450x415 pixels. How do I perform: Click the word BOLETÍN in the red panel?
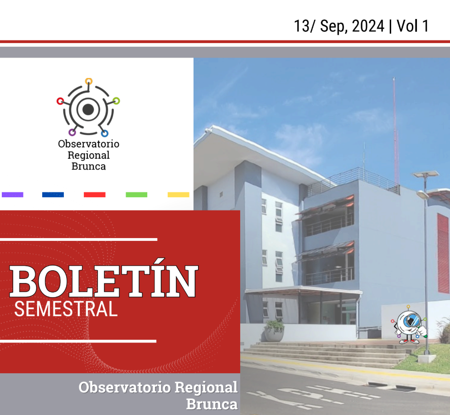tap(104, 281)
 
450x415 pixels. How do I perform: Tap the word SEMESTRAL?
tap(66, 309)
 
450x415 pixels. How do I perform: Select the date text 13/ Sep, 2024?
tap(339, 26)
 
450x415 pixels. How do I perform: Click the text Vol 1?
tap(412, 26)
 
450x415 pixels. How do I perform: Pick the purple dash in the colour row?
tap(13, 195)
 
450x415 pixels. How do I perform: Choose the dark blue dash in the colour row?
tap(53, 195)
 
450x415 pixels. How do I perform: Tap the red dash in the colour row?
tap(95, 195)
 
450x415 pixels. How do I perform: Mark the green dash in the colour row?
tap(136, 195)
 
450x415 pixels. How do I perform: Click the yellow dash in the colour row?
tap(179, 195)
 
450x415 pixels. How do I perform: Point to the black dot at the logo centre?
tap(89, 109)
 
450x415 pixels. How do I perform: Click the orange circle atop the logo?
tap(89, 82)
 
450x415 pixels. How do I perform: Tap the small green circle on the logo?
tap(116, 100)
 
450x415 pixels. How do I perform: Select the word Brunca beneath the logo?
tap(89, 166)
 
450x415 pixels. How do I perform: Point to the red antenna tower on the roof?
tap(395, 132)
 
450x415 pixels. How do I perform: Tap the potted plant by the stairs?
tap(274, 331)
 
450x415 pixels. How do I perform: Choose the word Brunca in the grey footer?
tap(212, 404)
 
